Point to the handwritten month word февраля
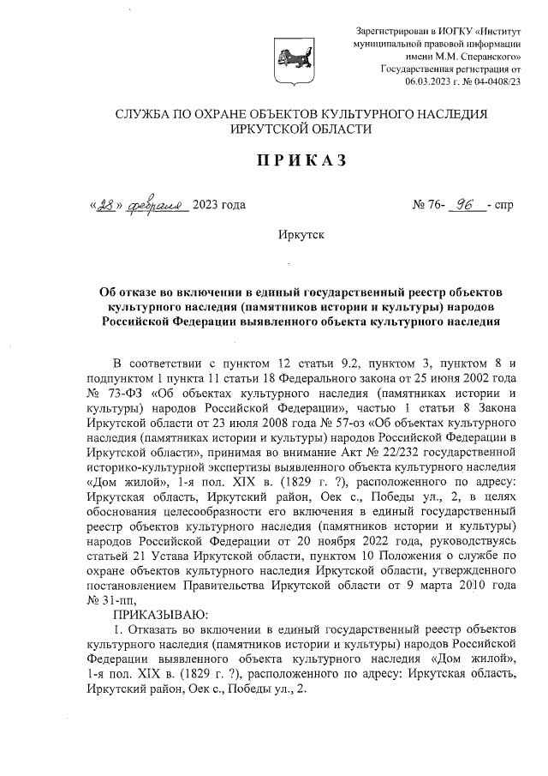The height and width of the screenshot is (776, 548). point(159,204)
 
